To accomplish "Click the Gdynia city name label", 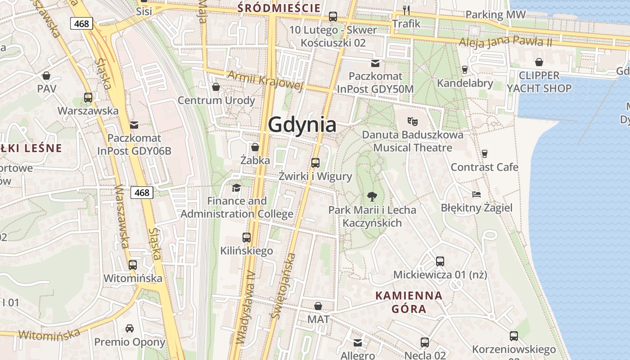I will [302, 125].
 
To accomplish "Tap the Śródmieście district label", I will [279, 8].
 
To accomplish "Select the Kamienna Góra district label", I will [409, 302].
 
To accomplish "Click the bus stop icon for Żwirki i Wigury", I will [315, 163].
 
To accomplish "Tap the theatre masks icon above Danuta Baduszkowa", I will [412, 121].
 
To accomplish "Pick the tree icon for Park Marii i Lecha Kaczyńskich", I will [372, 196].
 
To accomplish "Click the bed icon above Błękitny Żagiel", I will [477, 194].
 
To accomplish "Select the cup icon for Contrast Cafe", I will [484, 153].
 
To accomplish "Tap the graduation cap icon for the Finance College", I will [236, 188].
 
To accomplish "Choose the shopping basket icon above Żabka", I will [255, 147].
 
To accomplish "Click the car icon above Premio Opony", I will [130, 328].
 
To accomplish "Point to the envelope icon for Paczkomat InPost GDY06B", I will [134, 125].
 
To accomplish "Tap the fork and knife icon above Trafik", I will [406, 10].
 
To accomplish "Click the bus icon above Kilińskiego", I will [246, 237].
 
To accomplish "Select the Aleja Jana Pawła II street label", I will [505, 42].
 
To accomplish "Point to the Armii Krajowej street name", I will [265, 81].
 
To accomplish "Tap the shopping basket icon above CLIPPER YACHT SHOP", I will [539, 62].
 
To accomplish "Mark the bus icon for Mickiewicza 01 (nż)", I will [440, 261].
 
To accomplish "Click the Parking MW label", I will [495, 14].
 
